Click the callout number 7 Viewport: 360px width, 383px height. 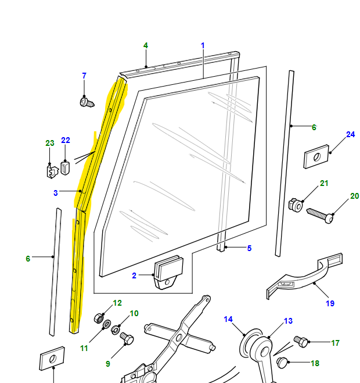[84, 76]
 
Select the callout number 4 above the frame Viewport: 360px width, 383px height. [145, 45]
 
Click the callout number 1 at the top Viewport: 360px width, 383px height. [203, 45]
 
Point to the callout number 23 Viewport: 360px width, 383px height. [49, 143]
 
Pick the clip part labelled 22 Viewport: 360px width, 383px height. [64, 169]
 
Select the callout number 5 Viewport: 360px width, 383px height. [249, 248]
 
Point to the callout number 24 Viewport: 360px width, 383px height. [350, 135]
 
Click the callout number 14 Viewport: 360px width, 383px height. [228, 319]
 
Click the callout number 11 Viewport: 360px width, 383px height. [84, 348]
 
